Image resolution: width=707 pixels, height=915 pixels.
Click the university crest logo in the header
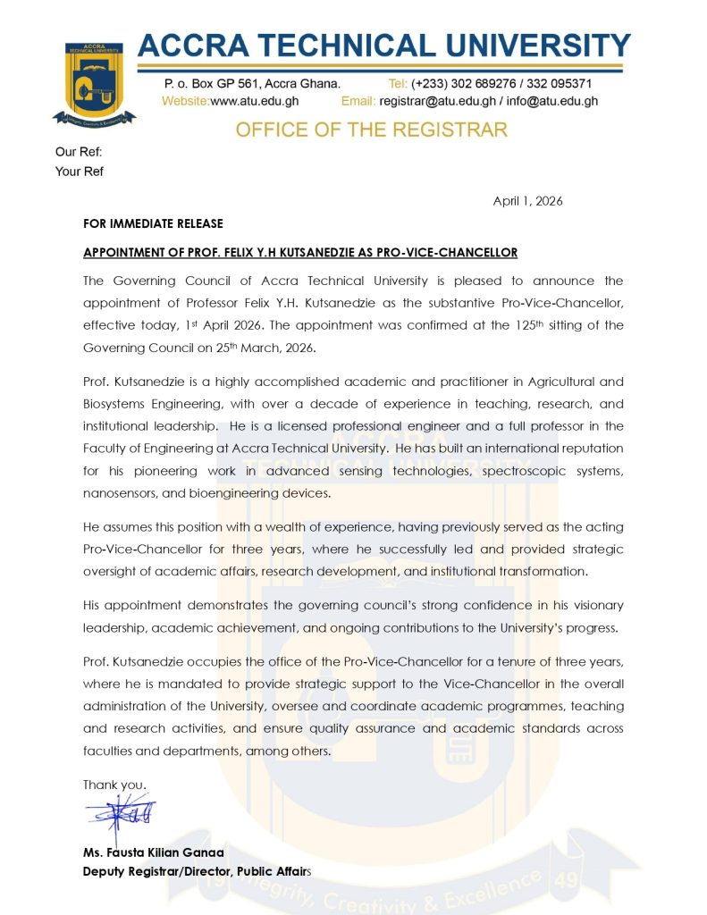[94, 81]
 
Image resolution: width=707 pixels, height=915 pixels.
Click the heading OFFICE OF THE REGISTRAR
[371, 130]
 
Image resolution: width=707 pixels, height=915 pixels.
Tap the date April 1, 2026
[527, 201]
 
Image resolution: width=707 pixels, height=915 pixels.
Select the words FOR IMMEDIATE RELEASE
[153, 223]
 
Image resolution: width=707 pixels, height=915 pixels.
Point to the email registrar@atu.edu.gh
[433, 101]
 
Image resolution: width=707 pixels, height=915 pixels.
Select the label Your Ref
[80, 172]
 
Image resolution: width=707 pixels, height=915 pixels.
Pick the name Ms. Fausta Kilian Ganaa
[154, 852]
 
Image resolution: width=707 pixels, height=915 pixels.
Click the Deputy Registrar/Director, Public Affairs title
[198, 871]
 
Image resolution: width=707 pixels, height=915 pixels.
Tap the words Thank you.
[115, 785]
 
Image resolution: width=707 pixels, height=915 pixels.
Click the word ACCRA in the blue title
[192, 47]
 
